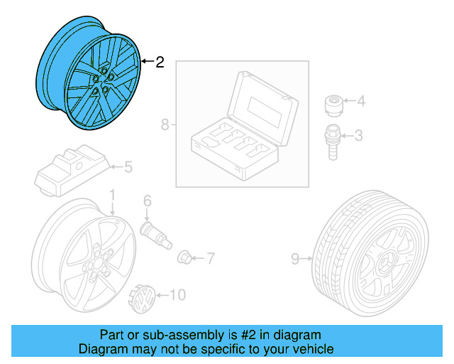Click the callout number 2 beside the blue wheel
[x=160, y=63]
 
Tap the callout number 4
[x=360, y=102]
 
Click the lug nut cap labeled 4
[x=333, y=105]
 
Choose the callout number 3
[x=359, y=134]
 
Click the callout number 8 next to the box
[x=165, y=126]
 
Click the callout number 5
[x=128, y=168]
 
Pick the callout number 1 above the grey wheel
[x=112, y=195]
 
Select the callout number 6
[x=148, y=201]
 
